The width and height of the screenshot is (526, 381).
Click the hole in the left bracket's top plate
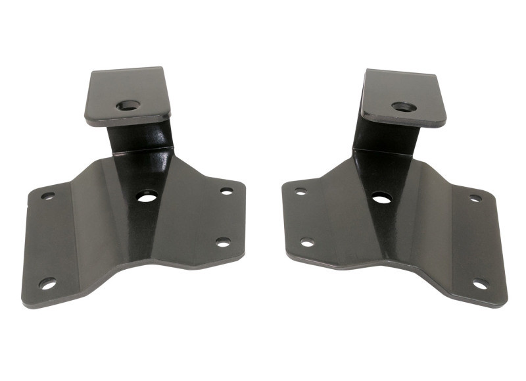coord(128,105)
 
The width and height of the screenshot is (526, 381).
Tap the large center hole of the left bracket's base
coord(147,195)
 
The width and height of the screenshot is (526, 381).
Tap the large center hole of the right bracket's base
coord(381,197)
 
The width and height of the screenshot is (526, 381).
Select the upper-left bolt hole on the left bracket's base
coord(48,195)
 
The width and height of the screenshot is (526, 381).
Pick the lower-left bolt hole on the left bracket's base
coord(47,284)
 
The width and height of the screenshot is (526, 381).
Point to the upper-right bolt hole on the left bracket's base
coord(226,191)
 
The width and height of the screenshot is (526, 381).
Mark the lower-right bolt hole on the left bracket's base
coord(223,242)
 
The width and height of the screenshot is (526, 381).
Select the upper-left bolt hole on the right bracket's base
coord(300,191)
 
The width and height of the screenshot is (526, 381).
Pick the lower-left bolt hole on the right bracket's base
coord(307,242)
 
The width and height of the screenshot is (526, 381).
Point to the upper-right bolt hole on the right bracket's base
coord(475,197)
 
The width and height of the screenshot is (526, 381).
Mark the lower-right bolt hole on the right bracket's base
coord(481,284)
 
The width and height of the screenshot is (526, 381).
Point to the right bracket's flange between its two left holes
coord(303,217)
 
